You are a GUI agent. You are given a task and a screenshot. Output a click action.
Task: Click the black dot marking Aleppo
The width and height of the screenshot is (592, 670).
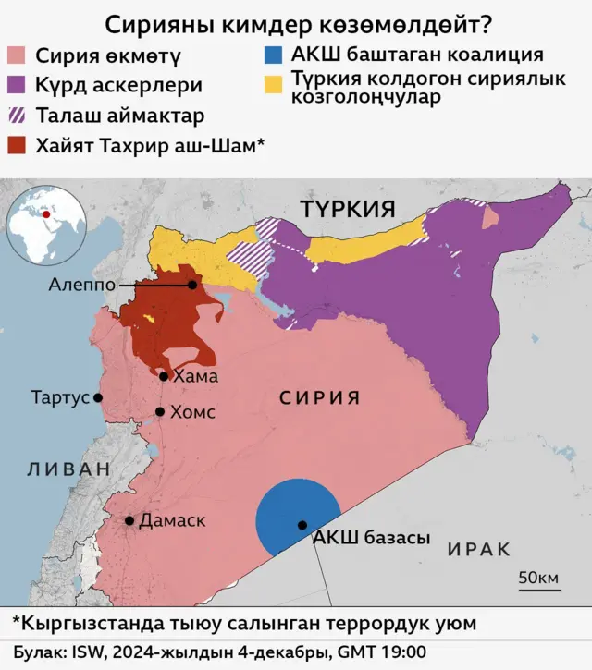pyautogui.click(x=192, y=285)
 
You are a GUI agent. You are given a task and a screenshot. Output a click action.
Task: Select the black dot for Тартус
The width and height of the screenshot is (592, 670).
pyautogui.click(x=98, y=397)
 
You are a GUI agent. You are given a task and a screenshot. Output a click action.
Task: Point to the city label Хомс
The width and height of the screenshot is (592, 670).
pyautogui.click(x=192, y=412)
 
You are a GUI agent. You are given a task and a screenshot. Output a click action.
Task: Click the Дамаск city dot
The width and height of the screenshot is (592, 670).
pyautogui.click(x=129, y=521)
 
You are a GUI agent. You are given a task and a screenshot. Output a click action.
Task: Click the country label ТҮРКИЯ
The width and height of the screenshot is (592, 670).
pyautogui.click(x=348, y=208)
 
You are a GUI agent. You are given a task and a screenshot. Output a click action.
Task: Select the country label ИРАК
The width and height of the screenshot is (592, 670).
pyautogui.click(x=479, y=549)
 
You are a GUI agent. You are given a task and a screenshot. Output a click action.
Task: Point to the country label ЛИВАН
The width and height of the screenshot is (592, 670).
pyautogui.click(x=68, y=469)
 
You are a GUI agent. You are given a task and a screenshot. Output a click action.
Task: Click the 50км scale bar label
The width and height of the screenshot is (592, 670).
pyautogui.click(x=537, y=579)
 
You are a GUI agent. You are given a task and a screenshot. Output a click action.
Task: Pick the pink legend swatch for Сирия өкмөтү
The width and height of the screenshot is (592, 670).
pyautogui.click(x=17, y=55)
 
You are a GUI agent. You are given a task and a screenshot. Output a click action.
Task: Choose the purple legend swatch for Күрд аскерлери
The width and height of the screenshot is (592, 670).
pyautogui.click(x=17, y=85)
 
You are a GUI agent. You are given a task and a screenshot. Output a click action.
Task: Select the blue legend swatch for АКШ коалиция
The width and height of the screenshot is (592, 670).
pyautogui.click(x=271, y=54)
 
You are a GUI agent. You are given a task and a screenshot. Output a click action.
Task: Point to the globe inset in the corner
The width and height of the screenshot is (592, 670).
pyautogui.click(x=45, y=224)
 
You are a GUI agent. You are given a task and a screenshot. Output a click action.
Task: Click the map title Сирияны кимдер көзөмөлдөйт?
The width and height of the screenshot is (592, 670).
pyautogui.click(x=296, y=22)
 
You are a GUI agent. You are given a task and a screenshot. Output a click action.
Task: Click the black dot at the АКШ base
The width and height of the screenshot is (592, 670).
pyautogui.click(x=302, y=525)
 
